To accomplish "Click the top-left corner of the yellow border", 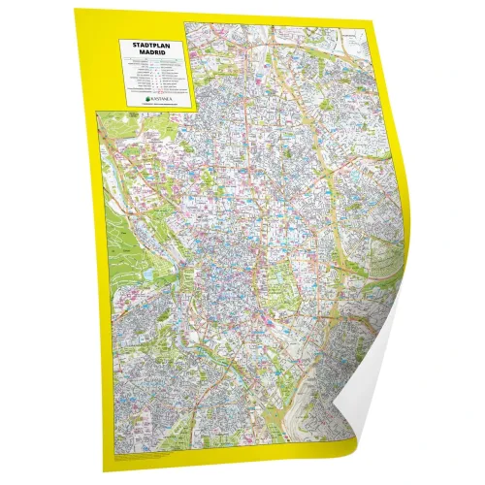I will (x=78, y=9).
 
